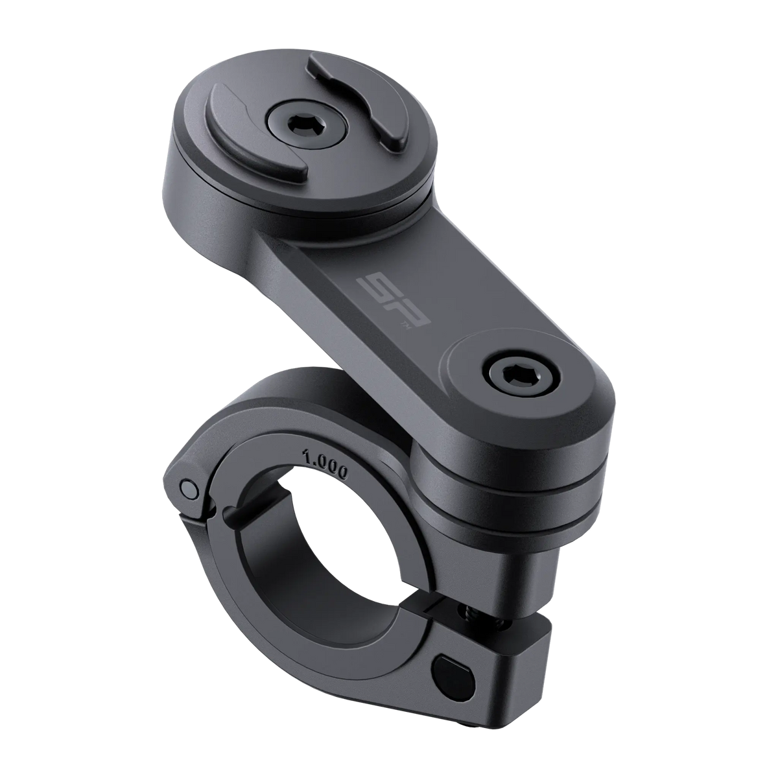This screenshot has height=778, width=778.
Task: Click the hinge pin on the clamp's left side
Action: coord(188,487)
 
